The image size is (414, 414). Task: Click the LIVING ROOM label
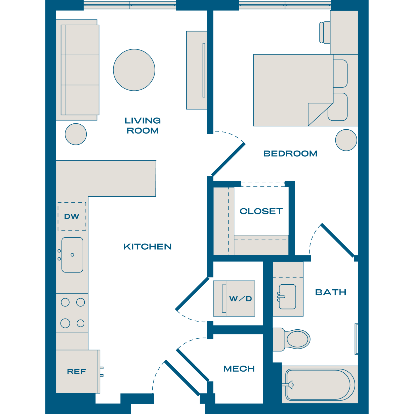pos(143,125)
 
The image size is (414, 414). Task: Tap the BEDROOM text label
pos(290,153)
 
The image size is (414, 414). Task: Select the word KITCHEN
pos(147,247)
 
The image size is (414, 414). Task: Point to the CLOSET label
pos(261,211)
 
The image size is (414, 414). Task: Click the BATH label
pos(331,292)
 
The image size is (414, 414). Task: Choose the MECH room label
pos(239,368)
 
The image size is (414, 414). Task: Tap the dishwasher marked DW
pos(72,216)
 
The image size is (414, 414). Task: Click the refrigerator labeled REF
pos(78,372)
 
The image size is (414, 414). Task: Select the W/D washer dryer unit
pos(234,298)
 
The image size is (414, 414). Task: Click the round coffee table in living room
pos(134,70)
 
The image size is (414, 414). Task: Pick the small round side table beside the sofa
pos(76,134)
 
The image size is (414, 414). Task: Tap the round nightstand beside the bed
pos(346,140)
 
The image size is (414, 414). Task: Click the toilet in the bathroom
pos(292,339)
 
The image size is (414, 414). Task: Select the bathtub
pos(320,385)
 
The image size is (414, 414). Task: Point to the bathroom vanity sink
pos(287,297)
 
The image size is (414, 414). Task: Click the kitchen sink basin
pos(72,255)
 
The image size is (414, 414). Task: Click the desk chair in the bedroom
pos(325,32)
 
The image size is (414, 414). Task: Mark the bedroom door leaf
pos(228,159)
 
